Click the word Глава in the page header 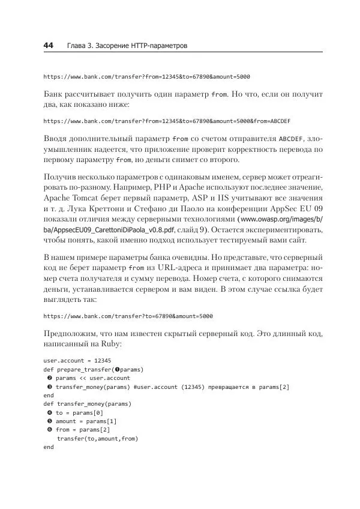point(77,46)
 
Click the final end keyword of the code point(49,447)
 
